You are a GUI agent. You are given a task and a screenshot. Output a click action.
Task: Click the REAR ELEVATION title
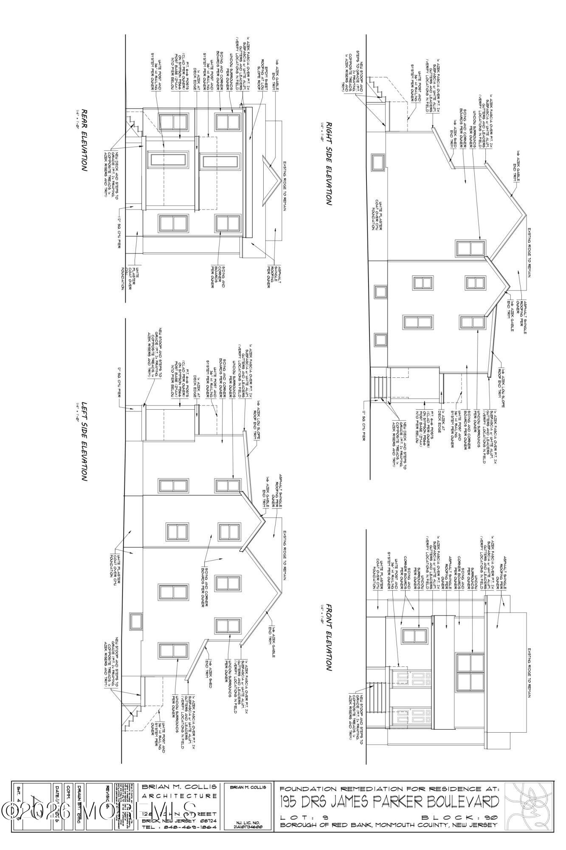[84, 140]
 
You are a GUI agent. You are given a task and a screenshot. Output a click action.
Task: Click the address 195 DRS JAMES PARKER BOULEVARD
[389, 801]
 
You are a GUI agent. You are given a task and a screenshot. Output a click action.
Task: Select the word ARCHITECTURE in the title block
[179, 796]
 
